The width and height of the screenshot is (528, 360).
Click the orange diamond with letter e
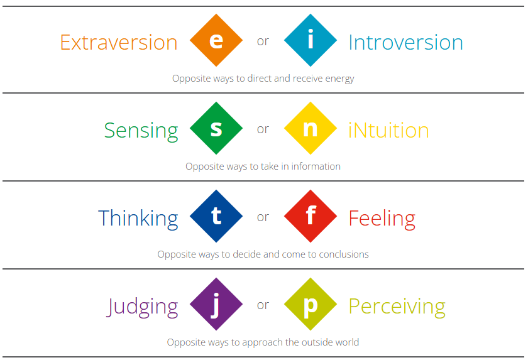pos(216,40)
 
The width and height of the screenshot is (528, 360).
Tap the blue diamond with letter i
pos(311,40)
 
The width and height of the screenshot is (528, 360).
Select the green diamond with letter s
pos(216,128)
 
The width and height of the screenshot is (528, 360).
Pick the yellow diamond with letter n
pos(311,128)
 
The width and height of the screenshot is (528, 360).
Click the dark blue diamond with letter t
pos(216,216)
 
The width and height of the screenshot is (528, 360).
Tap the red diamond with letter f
pos(311,216)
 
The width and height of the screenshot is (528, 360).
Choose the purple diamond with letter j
pos(216,304)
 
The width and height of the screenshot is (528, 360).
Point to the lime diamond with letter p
pos(311,304)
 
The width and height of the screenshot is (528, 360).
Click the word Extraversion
pos(119,42)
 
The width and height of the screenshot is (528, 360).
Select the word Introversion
pos(406,42)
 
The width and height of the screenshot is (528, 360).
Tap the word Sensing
pos(141,131)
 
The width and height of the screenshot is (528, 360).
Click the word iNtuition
pos(388,130)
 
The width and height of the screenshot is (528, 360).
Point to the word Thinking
pos(138,219)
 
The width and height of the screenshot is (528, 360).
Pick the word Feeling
pos(382,219)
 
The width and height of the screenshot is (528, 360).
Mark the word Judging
pos(143,307)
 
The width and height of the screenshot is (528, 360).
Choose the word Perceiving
pos(397,307)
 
